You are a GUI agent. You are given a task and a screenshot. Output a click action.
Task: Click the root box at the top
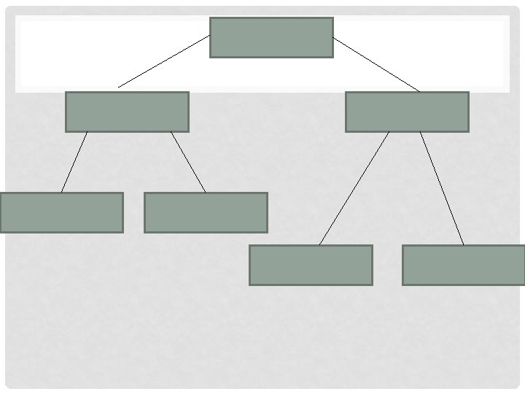coord(271,37)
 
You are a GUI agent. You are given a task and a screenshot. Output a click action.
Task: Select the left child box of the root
coord(127,112)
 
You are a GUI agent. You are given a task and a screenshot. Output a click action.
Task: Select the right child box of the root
coord(407,112)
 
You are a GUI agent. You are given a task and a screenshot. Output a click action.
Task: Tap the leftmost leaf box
coord(61,212)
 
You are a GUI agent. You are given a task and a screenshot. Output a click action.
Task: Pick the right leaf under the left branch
coord(206,212)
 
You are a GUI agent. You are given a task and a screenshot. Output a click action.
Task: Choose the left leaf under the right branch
coord(311,265)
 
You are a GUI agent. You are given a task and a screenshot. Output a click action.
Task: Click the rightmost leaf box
coord(463,265)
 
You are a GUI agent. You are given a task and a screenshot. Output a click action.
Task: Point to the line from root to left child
coord(164,61)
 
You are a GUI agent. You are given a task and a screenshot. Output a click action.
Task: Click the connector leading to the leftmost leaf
coord(74,161)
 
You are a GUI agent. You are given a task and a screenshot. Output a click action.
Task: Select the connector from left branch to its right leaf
coord(188,161)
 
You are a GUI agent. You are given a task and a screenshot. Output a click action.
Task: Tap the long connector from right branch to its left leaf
coord(354,188)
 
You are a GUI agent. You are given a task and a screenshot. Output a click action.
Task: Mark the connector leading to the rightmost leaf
coord(442,188)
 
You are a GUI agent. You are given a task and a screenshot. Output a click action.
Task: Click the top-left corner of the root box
coord(211,18)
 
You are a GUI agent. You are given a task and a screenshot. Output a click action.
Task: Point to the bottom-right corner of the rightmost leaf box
coord(524,284)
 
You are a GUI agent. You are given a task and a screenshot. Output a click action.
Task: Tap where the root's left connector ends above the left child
coord(119,88)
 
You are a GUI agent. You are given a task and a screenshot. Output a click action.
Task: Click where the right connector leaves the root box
coord(333,37)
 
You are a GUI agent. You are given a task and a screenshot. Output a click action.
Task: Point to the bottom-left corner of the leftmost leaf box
coord(1,231)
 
